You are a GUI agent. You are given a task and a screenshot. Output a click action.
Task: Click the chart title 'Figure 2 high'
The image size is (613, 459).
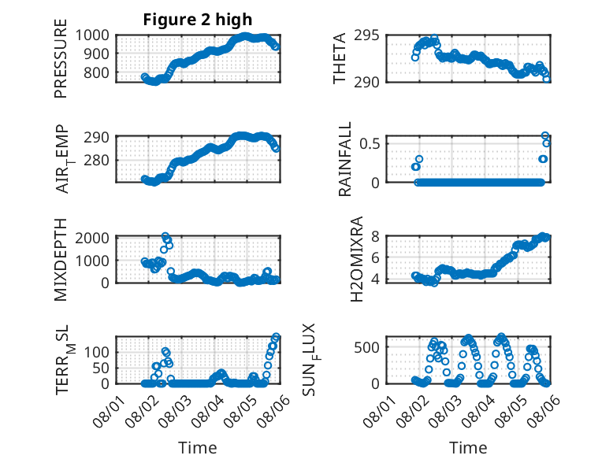(x=198, y=20)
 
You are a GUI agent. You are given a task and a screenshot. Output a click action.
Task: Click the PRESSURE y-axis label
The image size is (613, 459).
(x=61, y=58)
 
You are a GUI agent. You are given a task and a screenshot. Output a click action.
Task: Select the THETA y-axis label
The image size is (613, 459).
(x=340, y=58)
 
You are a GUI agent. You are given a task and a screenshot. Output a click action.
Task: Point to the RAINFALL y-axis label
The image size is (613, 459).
(x=345, y=159)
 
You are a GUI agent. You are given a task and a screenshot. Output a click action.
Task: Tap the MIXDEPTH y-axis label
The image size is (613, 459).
(x=61, y=260)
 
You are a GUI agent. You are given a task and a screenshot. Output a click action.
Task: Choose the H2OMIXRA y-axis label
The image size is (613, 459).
(x=357, y=259)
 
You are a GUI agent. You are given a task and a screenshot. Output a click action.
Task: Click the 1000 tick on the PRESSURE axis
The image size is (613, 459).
(x=92, y=35)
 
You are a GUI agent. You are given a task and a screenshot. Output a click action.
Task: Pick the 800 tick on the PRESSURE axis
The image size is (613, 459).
(x=96, y=72)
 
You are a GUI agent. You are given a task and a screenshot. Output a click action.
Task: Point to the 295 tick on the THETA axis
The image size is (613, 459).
(x=366, y=35)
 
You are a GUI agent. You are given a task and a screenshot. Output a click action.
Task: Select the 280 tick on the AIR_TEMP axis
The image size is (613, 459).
(x=96, y=160)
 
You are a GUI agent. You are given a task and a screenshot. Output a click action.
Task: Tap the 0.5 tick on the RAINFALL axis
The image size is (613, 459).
(x=370, y=143)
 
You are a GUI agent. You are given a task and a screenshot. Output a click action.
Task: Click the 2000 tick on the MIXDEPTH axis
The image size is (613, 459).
(x=92, y=238)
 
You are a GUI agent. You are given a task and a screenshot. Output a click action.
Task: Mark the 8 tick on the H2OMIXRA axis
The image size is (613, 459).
(x=375, y=236)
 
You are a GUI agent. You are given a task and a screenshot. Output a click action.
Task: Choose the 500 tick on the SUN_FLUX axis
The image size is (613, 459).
(x=366, y=347)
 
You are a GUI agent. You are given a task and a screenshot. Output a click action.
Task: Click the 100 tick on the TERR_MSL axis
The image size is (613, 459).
(x=96, y=352)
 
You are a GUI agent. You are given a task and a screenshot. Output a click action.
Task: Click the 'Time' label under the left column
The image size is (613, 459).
(x=198, y=448)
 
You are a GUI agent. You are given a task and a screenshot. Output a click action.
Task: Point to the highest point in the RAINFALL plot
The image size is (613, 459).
(x=545, y=135)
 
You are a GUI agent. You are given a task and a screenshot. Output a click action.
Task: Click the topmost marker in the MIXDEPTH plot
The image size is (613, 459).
(x=165, y=236)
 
